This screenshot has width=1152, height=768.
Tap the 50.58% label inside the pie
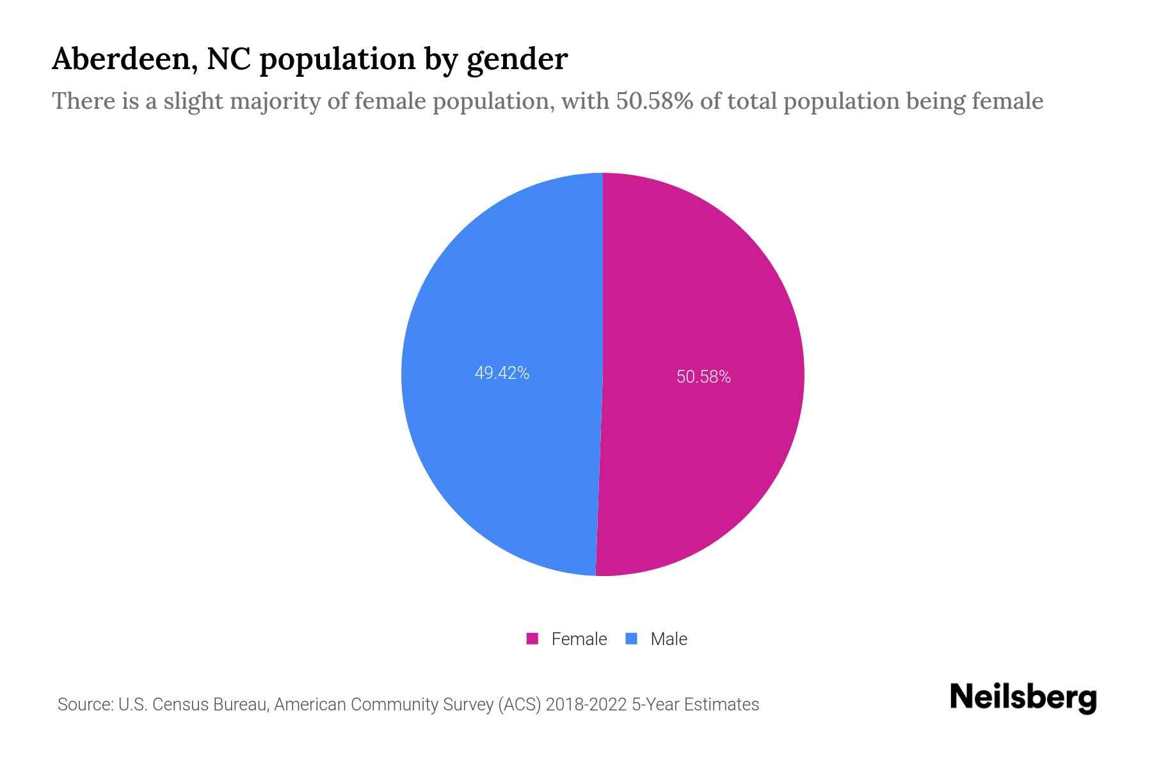point(703,377)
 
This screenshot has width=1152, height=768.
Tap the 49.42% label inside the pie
point(502,373)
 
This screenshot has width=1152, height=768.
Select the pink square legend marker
point(532,639)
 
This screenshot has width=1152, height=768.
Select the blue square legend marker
point(631,639)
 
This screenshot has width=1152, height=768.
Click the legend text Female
point(579,639)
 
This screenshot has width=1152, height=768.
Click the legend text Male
point(668,639)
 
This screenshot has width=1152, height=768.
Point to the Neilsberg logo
point(1023,698)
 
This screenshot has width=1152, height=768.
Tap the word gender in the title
point(516,60)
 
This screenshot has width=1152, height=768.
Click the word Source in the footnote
point(84,705)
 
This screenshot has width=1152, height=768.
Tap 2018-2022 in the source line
point(586,705)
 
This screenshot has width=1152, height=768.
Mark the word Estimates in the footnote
point(721,705)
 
